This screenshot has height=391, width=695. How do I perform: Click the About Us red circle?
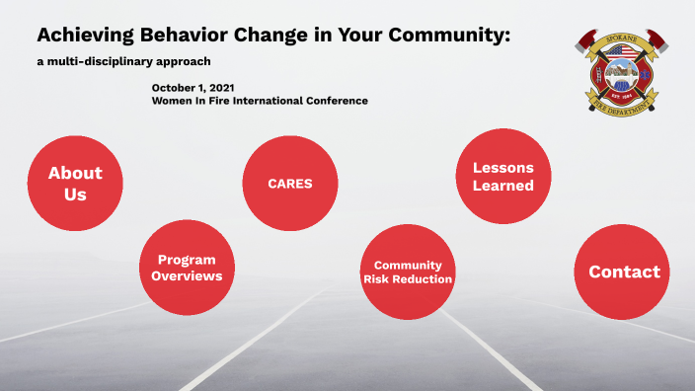click(x=75, y=183)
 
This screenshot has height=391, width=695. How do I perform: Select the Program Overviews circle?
click(x=187, y=268)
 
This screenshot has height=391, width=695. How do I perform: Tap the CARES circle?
click(x=290, y=183)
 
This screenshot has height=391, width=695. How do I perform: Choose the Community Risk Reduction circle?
click(x=407, y=273)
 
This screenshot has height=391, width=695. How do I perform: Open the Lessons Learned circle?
click(x=502, y=177)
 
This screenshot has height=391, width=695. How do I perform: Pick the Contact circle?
click(x=624, y=273)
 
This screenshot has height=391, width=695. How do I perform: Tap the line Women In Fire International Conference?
click(x=260, y=101)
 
